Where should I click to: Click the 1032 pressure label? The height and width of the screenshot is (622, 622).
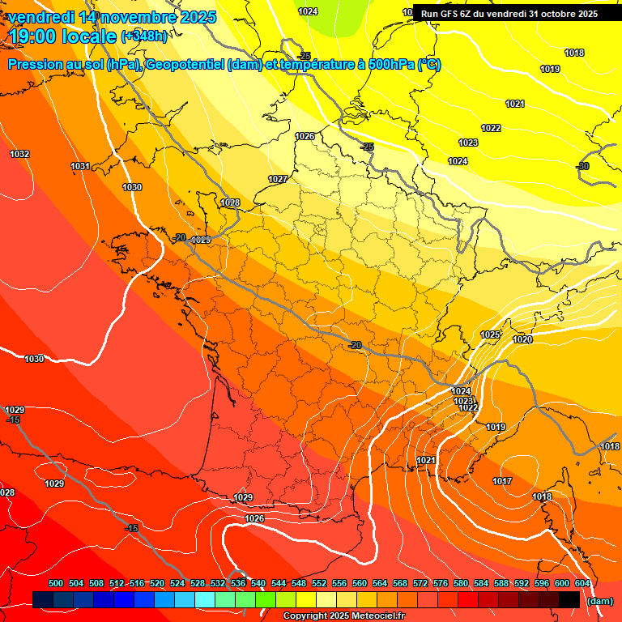tap(19, 154)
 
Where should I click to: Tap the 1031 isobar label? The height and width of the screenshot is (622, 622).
tap(80, 166)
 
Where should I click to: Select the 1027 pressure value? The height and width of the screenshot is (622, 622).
tap(278, 179)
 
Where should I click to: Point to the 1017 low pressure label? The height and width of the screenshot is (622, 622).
tap(502, 482)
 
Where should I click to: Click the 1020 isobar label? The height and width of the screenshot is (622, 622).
tap(522, 340)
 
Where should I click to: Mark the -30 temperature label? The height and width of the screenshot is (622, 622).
tap(582, 166)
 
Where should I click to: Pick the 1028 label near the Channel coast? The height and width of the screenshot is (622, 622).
tap(230, 203)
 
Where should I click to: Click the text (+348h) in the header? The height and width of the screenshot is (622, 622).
tap(144, 36)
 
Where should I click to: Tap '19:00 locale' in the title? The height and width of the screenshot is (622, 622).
tap(62, 36)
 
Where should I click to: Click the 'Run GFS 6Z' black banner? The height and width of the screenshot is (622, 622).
tap(509, 14)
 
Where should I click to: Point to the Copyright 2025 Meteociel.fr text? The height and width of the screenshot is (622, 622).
tap(343, 616)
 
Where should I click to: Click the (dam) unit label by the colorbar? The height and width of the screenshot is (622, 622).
tap(599, 601)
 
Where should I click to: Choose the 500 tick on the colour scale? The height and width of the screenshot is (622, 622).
tap(56, 583)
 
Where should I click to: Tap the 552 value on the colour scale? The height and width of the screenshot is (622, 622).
tap(319, 583)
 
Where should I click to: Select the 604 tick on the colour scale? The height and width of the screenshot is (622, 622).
tap(582, 583)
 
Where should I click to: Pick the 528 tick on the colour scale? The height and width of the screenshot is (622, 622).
tap(198, 583)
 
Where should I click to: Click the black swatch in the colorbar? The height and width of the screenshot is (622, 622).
tap(569, 600)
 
